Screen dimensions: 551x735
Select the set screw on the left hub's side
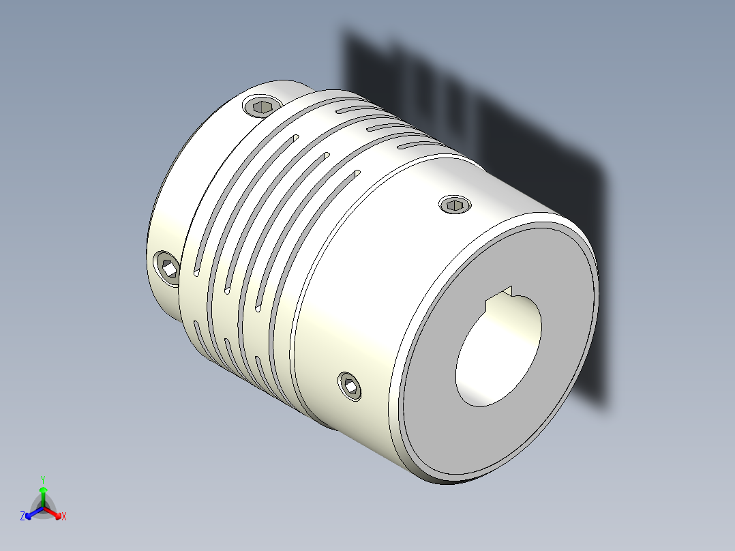click(x=168, y=267)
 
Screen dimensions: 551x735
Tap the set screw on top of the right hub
click(x=455, y=204)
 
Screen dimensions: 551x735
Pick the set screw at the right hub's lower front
click(x=351, y=387)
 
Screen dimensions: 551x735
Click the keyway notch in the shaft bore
click(x=506, y=293)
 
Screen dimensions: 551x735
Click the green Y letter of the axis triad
click(x=42, y=479)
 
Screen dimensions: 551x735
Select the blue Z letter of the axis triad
click(x=22, y=516)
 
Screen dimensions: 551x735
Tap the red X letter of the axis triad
click(x=63, y=517)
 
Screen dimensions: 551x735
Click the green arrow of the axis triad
click(x=43, y=494)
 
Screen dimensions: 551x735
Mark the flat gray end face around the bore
click(x=436, y=409)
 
